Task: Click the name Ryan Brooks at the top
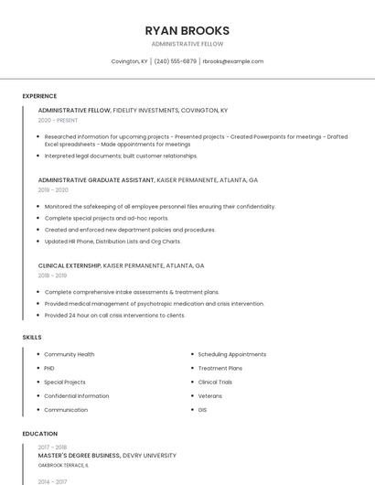(x=187, y=30)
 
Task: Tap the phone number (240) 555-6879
(x=175, y=61)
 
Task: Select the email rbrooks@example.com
(x=232, y=61)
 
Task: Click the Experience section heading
(x=39, y=96)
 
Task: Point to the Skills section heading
(x=32, y=338)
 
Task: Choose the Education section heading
(x=40, y=434)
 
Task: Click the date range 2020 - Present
(x=58, y=120)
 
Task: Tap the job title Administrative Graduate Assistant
(x=96, y=180)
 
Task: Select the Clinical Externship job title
(x=70, y=265)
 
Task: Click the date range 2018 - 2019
(x=52, y=275)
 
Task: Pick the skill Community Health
(x=69, y=354)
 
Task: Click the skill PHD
(x=49, y=368)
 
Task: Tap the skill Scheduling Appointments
(x=232, y=354)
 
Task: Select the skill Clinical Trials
(x=215, y=382)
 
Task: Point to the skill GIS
(x=202, y=410)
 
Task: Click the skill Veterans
(x=209, y=396)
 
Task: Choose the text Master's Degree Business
(x=79, y=455)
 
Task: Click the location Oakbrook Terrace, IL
(x=63, y=465)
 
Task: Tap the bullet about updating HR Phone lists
(x=112, y=242)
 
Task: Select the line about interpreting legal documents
(x=121, y=156)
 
